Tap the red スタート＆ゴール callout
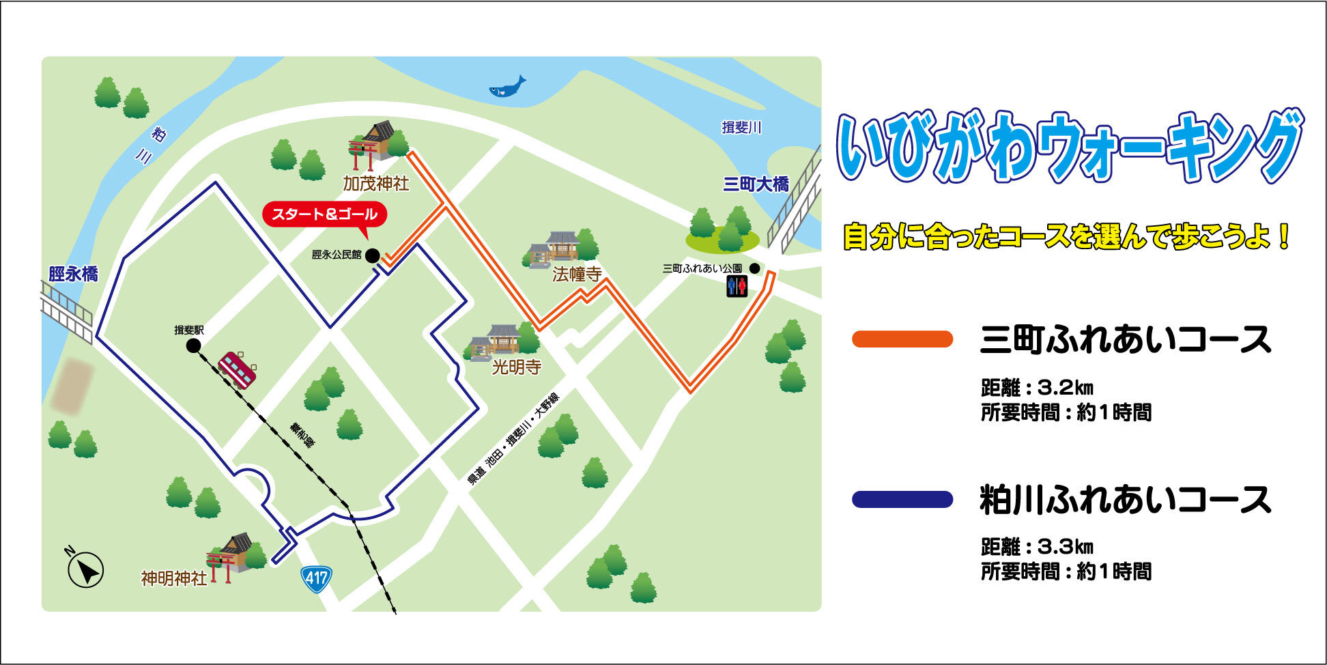(x=324, y=214)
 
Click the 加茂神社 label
(x=376, y=183)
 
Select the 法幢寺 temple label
(x=577, y=274)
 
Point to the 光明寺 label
(x=517, y=367)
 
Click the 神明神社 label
(x=174, y=578)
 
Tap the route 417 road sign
(x=316, y=579)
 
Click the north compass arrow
(x=86, y=569)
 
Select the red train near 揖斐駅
(x=237, y=369)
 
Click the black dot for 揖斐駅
(x=194, y=346)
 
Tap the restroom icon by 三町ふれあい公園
(x=737, y=286)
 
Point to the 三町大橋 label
(x=756, y=184)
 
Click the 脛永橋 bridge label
(x=73, y=274)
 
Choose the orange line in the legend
(x=902, y=339)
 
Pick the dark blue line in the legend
(x=902, y=500)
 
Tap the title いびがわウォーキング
(x=1070, y=147)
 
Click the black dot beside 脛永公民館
(x=372, y=256)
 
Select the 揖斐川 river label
(x=741, y=128)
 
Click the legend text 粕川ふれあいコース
(x=1126, y=500)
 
